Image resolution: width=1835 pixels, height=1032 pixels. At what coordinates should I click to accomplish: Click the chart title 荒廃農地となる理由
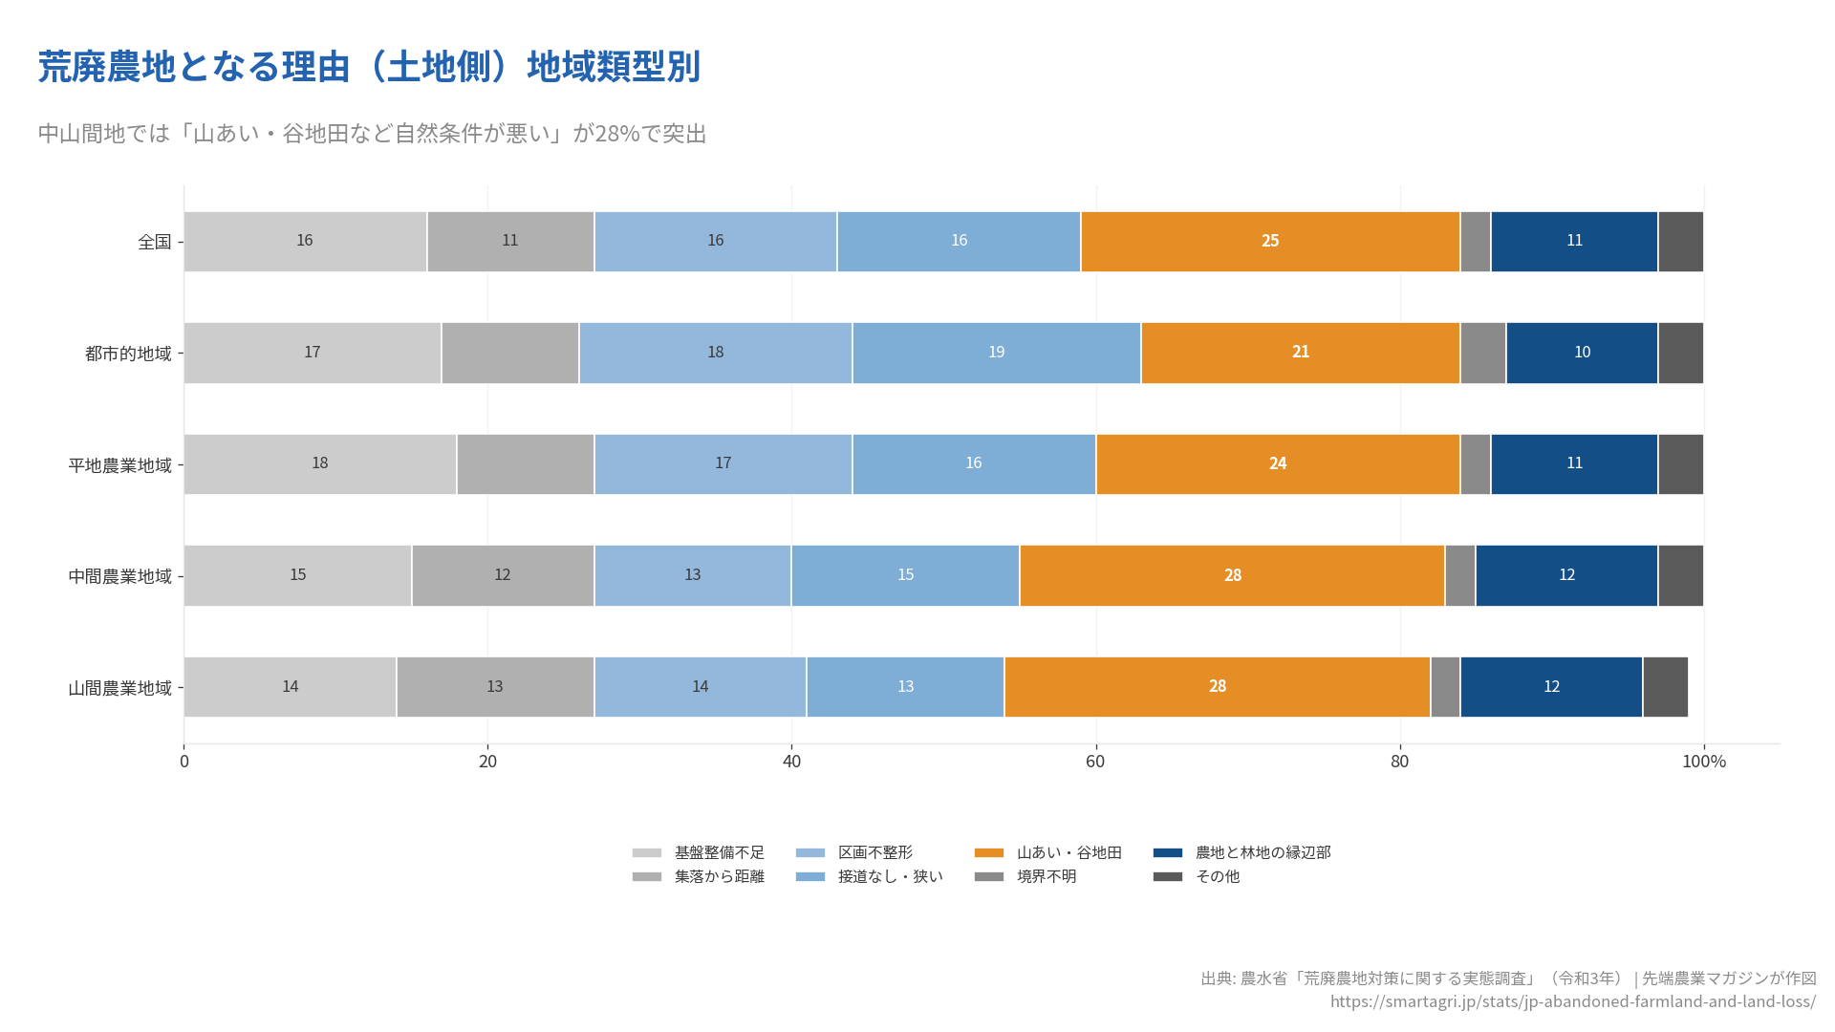369,67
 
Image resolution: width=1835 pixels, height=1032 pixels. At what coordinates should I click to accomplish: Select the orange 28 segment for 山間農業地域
1217,686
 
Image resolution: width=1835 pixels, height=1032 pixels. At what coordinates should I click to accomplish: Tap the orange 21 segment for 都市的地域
1300,352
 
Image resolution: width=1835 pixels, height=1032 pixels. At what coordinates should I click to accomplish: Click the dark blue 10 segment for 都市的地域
1582,352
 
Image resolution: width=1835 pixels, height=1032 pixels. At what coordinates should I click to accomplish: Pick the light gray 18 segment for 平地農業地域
319,463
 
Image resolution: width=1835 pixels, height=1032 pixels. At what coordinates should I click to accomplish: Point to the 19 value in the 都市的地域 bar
996,352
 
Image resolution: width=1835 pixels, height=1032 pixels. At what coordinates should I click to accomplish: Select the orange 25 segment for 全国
1269,241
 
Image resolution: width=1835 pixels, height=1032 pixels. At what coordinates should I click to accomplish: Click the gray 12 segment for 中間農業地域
503,574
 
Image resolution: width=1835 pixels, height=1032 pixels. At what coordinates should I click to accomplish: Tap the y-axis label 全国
155,242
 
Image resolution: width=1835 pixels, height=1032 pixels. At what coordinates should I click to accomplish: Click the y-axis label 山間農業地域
119,688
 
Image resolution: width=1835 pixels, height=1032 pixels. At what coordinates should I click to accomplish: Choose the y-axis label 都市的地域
128,354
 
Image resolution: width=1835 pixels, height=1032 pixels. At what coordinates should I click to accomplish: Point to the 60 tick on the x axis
1095,762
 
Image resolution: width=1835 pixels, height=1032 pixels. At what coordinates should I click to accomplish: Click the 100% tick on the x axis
1704,762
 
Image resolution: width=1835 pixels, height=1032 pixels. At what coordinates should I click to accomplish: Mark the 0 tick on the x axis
184,762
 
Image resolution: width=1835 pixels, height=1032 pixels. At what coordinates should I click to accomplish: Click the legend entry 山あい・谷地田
1069,852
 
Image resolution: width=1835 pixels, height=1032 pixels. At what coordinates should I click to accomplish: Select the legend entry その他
1217,876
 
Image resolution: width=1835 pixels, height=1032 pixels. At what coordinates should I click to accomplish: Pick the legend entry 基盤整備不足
719,852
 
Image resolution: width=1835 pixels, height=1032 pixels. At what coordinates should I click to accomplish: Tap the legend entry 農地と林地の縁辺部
1263,852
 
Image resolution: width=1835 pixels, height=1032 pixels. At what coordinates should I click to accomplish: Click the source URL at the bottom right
1572,1001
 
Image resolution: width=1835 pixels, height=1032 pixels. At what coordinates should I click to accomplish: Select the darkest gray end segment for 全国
1680,241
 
